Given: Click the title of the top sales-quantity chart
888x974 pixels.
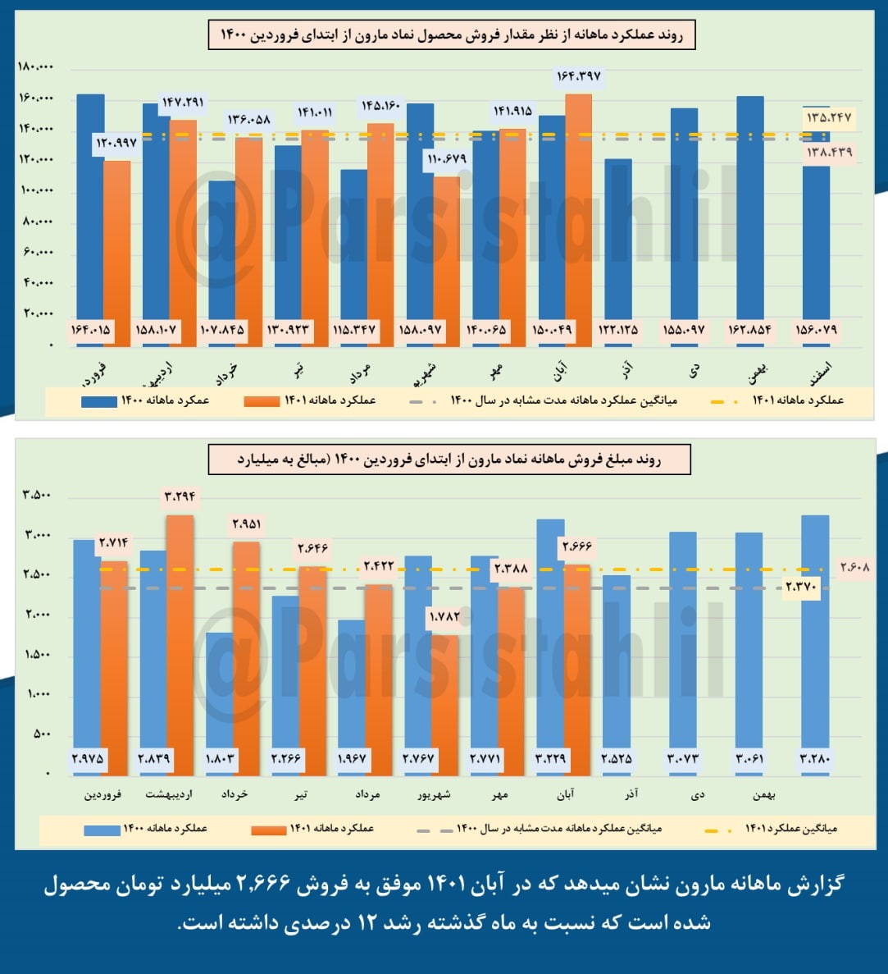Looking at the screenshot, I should (x=452, y=36).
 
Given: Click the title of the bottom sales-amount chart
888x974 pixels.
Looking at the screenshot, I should (x=449, y=460).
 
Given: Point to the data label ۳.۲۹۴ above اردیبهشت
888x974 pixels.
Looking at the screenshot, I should (x=180, y=496).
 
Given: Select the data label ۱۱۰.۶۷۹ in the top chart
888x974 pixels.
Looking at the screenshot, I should (x=445, y=159).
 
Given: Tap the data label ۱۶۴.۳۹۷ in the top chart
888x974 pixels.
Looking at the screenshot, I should (x=579, y=76).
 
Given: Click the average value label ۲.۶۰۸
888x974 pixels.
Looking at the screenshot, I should (x=854, y=567).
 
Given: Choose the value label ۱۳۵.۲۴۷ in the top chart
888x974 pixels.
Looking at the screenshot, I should (x=829, y=118).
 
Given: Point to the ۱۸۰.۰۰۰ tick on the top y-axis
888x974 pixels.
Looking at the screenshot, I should (x=35, y=67).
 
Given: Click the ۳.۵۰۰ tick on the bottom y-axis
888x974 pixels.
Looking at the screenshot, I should (x=37, y=495).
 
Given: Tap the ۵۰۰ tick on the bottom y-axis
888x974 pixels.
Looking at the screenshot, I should (x=43, y=734).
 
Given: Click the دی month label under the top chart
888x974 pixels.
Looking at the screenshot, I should (x=695, y=371).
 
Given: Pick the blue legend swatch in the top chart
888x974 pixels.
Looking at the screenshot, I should (x=98, y=401).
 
